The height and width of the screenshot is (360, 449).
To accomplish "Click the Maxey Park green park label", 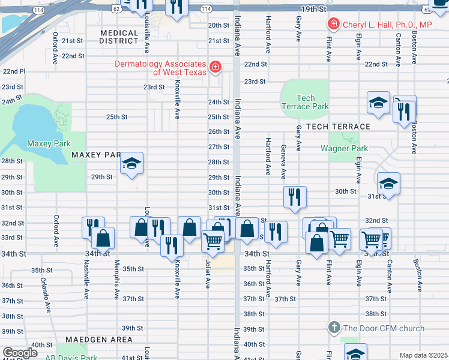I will (x=49, y=144).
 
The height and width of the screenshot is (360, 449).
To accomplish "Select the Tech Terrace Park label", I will (x=305, y=102).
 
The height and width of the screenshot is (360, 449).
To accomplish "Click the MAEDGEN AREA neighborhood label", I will (x=100, y=340).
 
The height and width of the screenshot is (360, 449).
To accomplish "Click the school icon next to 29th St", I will (x=131, y=164).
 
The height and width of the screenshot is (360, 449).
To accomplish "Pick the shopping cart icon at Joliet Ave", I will (x=213, y=241).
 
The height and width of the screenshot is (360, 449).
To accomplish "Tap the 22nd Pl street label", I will (x=13, y=71).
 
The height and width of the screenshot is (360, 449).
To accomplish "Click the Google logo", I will (x=20, y=353).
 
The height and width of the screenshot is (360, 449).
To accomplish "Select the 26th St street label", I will (x=218, y=131).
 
